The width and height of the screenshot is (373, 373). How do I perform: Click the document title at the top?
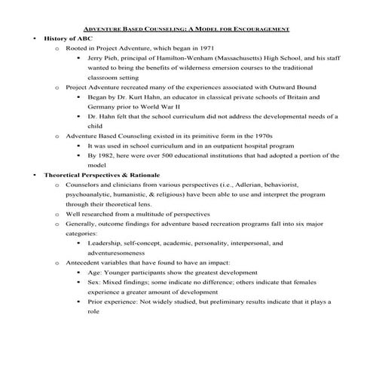click(186, 28)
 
